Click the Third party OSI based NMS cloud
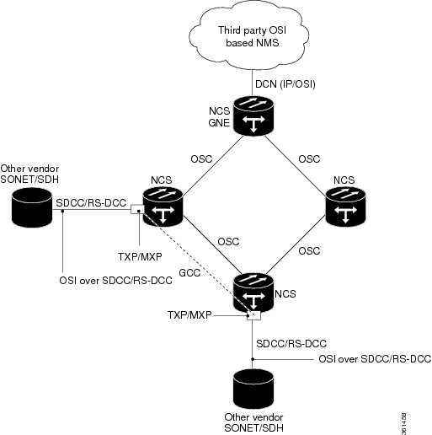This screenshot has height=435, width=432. point(249,36)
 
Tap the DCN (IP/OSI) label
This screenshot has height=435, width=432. point(285,84)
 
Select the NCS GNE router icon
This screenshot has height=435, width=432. point(253,115)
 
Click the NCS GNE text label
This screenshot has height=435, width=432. point(219,117)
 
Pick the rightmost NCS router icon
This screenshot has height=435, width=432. point(345,206)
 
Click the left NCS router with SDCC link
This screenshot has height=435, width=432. point(163,207)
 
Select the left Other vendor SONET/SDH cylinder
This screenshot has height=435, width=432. point(32,207)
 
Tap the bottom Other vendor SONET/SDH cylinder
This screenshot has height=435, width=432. point(253,389)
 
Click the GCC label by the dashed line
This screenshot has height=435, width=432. point(189,272)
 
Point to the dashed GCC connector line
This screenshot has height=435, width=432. point(198,262)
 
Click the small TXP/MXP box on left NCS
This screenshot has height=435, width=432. point(137,209)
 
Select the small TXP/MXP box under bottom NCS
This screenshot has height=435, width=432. point(253,315)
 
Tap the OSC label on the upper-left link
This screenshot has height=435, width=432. point(201,159)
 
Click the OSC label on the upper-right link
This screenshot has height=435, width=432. point(309,159)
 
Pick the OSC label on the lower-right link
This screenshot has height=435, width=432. point(309,250)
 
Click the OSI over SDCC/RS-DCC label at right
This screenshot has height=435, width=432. point(375,359)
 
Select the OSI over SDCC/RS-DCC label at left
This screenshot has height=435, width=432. point(115,281)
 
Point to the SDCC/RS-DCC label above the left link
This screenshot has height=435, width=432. point(91,202)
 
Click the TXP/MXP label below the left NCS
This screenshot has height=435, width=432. point(140,256)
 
